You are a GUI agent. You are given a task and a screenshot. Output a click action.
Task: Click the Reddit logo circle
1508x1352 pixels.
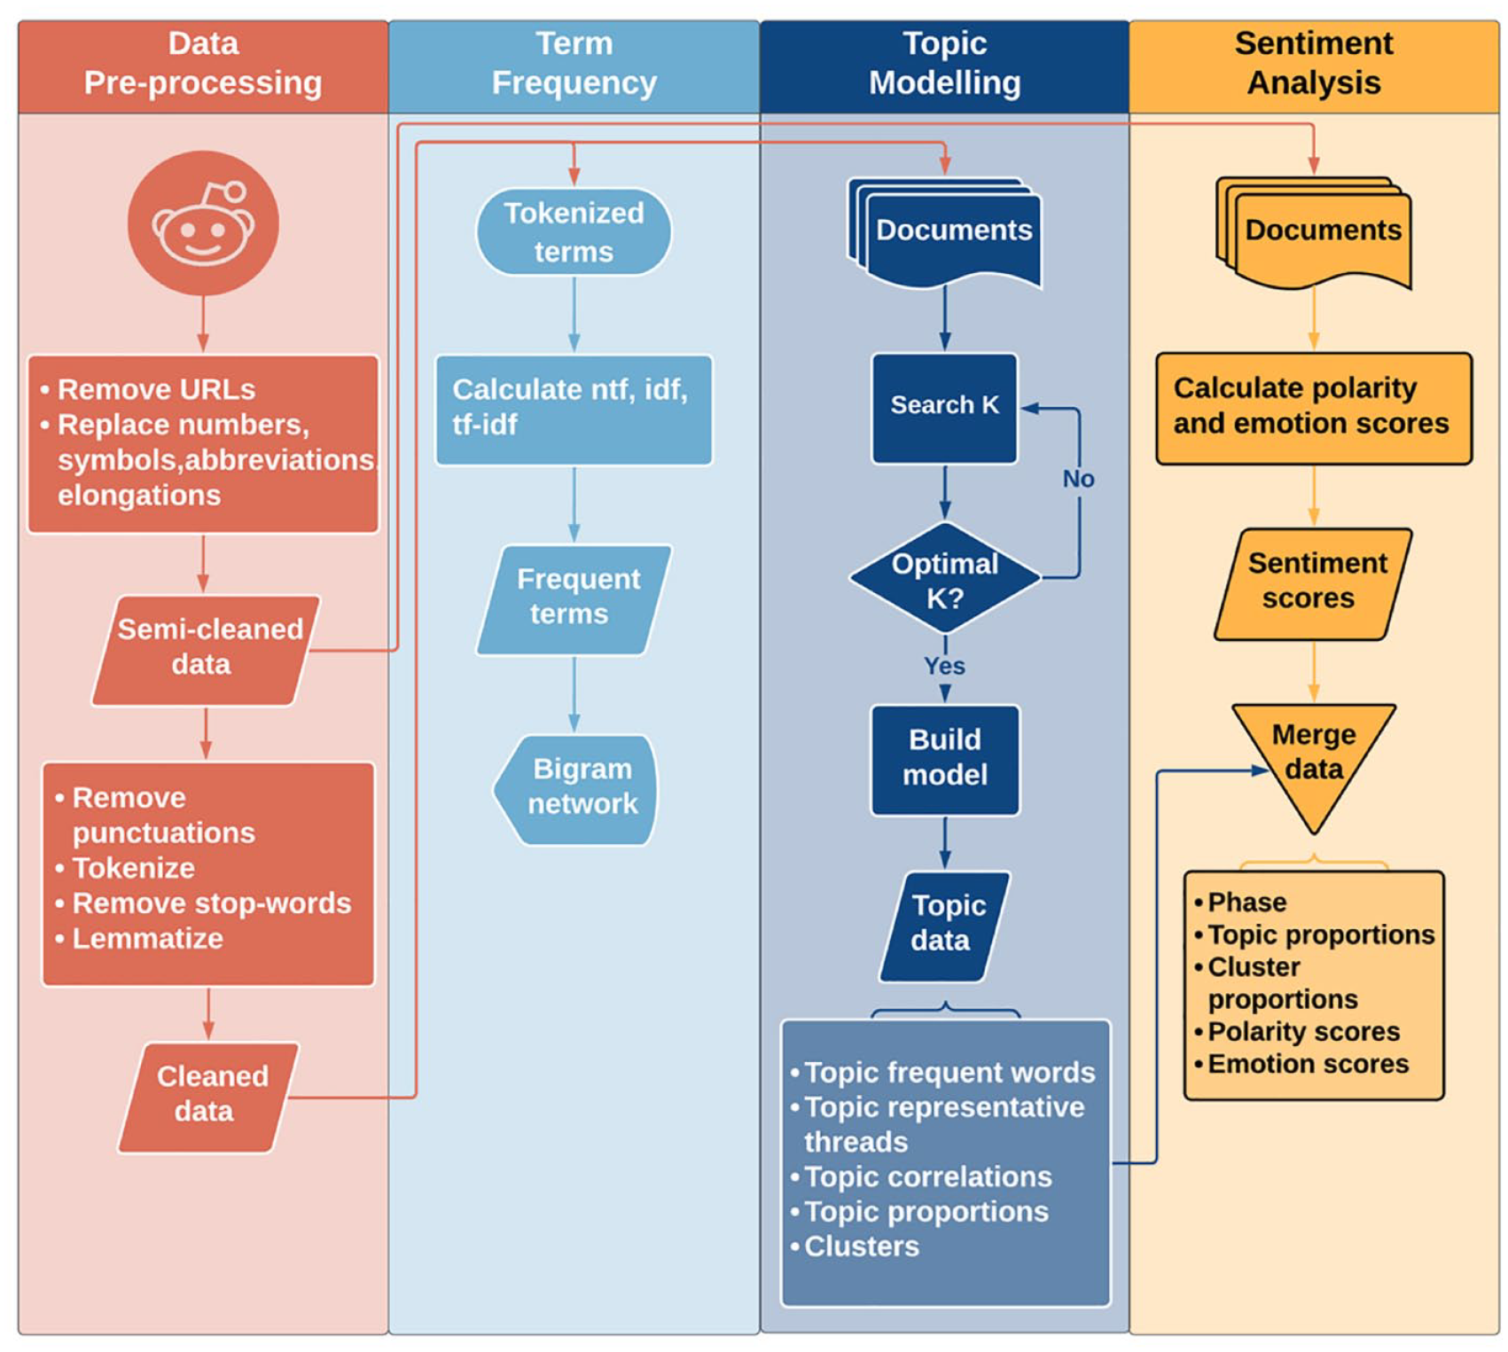(x=203, y=223)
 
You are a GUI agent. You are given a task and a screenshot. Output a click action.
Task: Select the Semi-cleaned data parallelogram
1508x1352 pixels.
(x=206, y=650)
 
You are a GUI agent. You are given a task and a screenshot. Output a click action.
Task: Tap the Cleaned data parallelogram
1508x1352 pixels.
(x=208, y=1098)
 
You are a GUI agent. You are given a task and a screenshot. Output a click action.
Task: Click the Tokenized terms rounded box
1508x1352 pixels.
(x=574, y=231)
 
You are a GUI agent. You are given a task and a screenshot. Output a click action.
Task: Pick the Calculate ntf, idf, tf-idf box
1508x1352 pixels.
(x=574, y=410)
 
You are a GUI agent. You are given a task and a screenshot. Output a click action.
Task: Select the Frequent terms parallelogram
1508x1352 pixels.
(x=574, y=600)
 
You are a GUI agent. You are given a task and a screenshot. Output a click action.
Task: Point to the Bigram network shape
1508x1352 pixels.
(x=575, y=789)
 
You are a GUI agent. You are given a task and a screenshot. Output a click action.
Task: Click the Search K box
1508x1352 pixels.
(x=945, y=408)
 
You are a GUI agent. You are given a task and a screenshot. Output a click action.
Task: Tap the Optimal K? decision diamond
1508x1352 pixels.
(x=945, y=578)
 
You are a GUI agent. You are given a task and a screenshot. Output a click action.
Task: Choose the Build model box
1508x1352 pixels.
(x=945, y=760)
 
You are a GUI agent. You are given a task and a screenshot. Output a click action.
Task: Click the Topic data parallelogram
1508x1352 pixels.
(x=945, y=926)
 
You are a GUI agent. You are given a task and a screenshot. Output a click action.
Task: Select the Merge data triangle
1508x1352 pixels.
(x=1314, y=758)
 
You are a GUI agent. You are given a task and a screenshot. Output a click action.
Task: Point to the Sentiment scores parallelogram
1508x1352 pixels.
(x=1313, y=584)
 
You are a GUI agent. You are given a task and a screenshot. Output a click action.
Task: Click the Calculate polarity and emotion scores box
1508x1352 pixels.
(x=1314, y=408)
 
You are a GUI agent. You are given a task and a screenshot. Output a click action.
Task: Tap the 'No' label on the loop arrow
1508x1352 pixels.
(x=1079, y=479)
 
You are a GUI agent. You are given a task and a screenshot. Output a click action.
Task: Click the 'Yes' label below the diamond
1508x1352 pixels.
(x=945, y=666)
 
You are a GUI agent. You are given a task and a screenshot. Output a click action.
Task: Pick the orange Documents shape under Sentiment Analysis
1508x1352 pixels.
(x=1314, y=232)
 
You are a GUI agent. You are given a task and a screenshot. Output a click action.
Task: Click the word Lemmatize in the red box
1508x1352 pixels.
(x=147, y=938)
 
